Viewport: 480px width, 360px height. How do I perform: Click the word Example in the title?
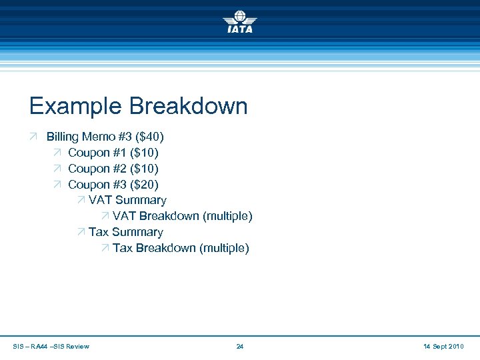75,106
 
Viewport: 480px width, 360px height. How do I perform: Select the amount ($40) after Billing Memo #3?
149,137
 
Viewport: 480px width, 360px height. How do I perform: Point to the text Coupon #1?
91,153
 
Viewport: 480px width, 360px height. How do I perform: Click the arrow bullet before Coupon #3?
57,185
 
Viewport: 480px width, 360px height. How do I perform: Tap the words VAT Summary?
127,200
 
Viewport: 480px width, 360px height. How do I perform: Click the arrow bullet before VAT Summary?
81,200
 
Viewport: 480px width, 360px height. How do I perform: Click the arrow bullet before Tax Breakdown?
105,248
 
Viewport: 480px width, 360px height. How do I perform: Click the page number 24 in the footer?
240,346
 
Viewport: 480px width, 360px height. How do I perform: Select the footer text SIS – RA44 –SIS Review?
51,346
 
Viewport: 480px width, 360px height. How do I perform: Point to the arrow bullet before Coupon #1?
57,153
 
